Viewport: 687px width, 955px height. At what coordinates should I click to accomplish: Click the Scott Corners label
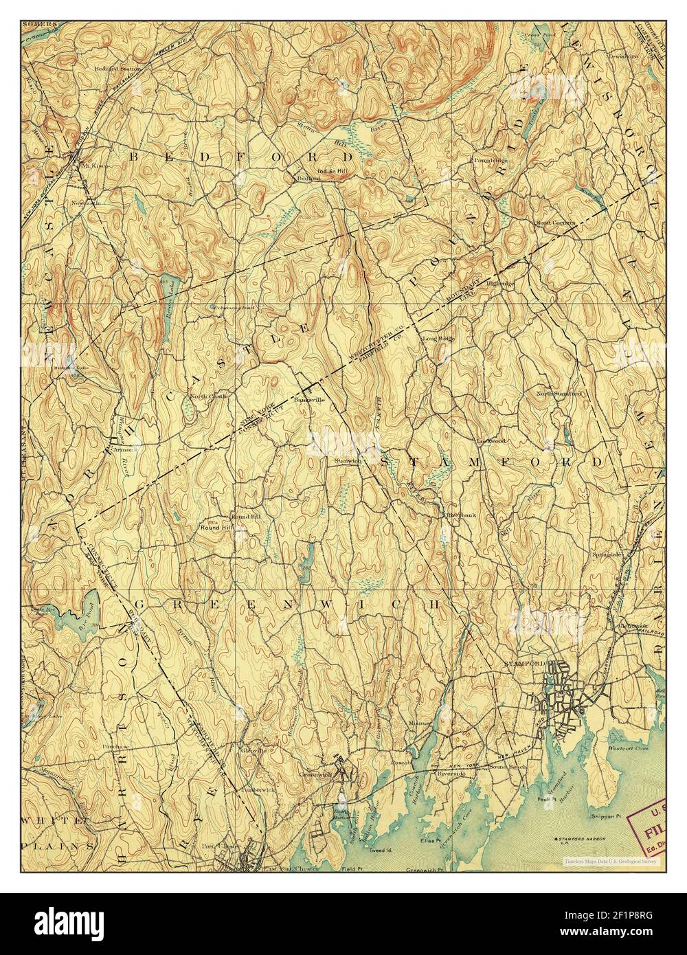point(554,222)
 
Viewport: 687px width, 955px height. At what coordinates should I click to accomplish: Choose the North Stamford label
point(559,394)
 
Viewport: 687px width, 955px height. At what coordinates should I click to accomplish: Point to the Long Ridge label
point(439,339)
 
